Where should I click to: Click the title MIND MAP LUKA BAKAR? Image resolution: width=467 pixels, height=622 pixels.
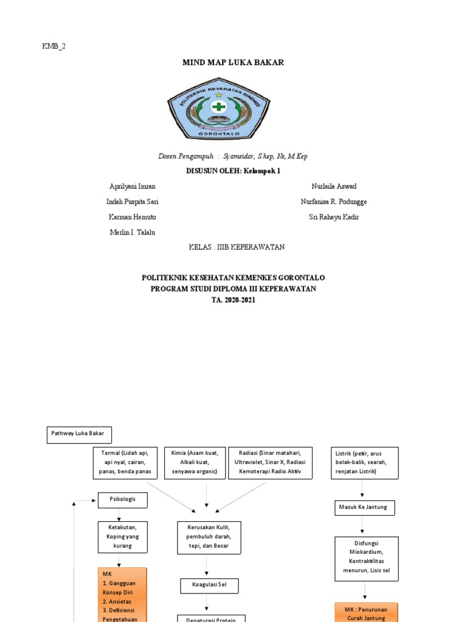[233, 63]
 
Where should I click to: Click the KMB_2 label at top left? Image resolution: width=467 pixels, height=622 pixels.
[54, 46]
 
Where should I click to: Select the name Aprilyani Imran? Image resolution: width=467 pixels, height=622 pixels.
[131, 186]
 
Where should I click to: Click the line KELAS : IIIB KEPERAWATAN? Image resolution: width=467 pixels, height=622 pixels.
[237, 247]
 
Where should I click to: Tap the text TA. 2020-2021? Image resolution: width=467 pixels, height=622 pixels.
[233, 300]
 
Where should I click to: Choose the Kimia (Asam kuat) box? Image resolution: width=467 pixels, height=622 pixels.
[195, 463]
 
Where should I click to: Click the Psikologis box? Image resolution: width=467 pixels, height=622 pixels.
[122, 500]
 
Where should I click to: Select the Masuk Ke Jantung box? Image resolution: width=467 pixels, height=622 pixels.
[364, 507]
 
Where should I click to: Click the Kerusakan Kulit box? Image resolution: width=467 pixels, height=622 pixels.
[209, 537]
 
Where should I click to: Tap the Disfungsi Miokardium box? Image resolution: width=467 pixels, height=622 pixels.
[366, 559]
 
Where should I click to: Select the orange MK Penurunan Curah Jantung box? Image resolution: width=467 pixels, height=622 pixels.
[366, 612]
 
